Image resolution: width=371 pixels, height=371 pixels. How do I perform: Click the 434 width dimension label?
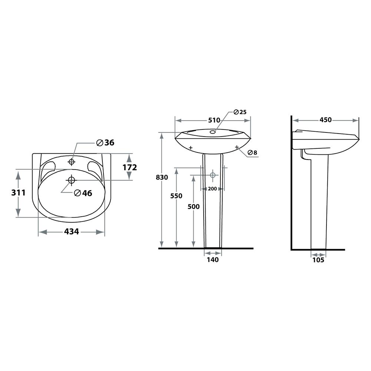(x=72, y=232)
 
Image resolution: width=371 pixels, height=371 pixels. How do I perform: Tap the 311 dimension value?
(x=19, y=193)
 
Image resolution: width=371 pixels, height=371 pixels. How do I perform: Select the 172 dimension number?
(x=129, y=168)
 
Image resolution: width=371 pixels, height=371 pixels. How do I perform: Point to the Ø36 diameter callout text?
(x=105, y=143)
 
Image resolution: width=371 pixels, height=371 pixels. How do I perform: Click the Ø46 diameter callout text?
(x=83, y=193)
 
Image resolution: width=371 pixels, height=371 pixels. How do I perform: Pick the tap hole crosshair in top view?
(x=72, y=162)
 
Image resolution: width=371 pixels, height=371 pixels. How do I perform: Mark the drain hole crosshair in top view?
(x=71, y=180)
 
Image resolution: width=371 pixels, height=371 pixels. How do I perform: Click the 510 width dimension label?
(x=214, y=120)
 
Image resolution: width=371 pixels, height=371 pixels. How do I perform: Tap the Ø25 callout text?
(x=240, y=112)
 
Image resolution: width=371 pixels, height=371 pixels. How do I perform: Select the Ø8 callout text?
(x=252, y=152)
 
